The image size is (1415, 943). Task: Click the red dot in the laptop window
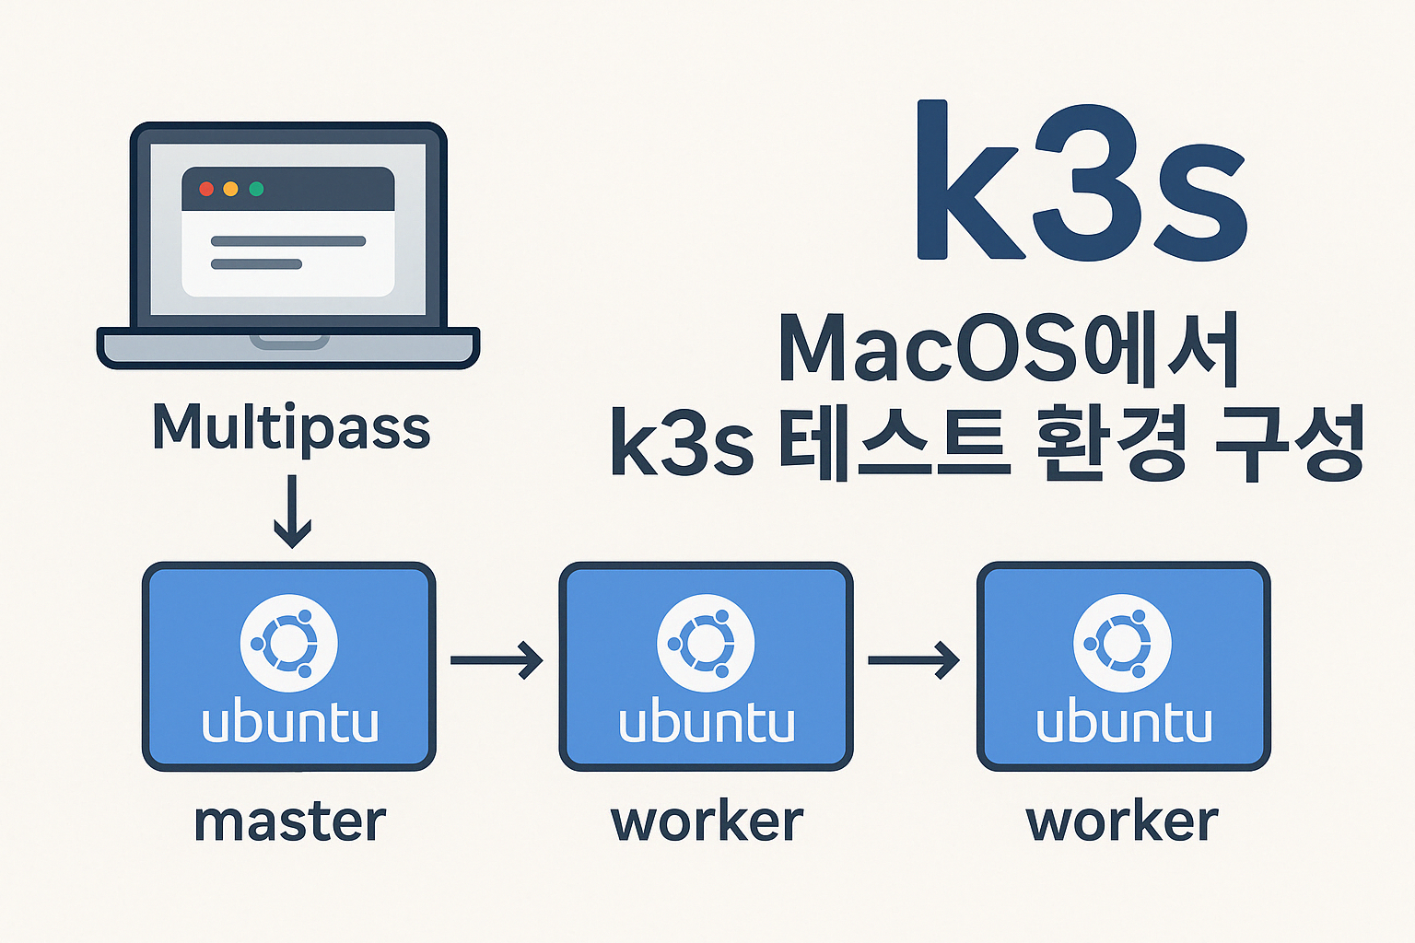[x=206, y=189]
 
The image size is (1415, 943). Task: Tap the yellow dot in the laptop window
[x=231, y=189]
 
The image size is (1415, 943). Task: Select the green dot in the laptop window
[x=256, y=189]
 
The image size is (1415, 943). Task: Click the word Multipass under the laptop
[x=291, y=428]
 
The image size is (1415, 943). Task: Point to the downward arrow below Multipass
[x=292, y=511]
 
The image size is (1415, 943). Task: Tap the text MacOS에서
[x=1009, y=350]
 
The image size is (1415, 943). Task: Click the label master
[x=289, y=821]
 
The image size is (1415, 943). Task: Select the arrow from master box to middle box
[x=497, y=660]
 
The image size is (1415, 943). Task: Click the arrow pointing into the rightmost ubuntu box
[x=914, y=660]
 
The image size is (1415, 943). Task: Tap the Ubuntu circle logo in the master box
[x=288, y=643]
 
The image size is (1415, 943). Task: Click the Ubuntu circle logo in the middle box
[x=706, y=643]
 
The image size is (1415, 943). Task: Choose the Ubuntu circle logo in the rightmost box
[x=1123, y=643]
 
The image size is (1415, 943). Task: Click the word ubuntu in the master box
[x=289, y=723]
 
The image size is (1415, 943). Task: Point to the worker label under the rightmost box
[x=1122, y=821]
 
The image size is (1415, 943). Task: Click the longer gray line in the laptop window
[x=287, y=241]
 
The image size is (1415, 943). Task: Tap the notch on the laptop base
[x=289, y=341]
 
